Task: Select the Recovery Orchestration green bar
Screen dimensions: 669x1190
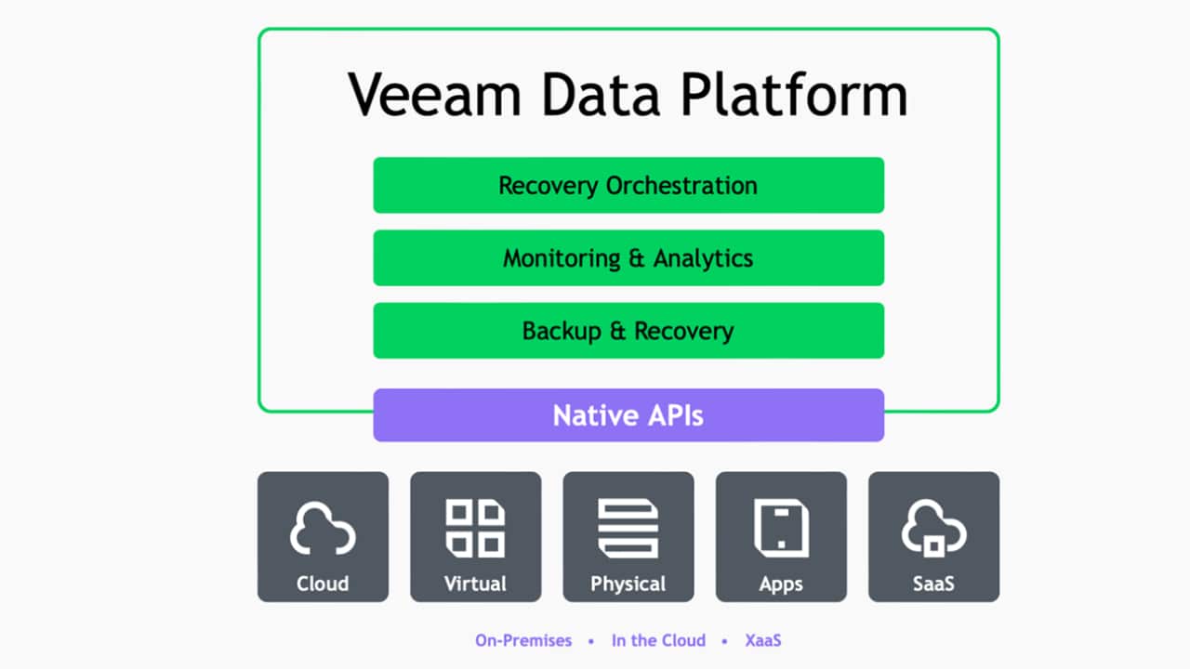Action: pos(628,185)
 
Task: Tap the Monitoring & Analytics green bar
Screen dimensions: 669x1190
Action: pos(628,257)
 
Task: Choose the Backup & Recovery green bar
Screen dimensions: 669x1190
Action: pos(628,331)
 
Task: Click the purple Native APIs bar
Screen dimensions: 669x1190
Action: pos(628,415)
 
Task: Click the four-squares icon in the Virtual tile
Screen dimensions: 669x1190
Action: pos(475,528)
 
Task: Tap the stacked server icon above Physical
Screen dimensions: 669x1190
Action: pos(628,528)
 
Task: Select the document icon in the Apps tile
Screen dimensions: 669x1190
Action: pos(781,528)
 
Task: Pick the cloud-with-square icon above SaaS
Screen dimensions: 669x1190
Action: pos(933,530)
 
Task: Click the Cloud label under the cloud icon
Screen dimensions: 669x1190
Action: pos(323,584)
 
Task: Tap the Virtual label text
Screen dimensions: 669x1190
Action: pos(475,584)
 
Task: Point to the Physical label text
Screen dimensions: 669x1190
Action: pos(628,584)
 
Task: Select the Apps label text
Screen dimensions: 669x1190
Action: pos(781,584)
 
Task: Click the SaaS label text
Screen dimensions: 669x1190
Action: pos(933,584)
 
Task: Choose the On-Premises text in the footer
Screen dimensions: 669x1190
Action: pos(522,640)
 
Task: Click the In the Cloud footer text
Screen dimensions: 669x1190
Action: pos(658,640)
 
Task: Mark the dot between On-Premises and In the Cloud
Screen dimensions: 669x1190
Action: pos(590,641)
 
